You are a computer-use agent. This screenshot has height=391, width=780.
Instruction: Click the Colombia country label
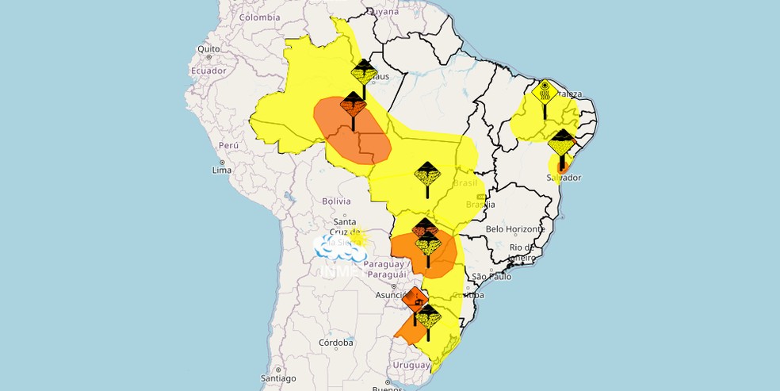point(259,17)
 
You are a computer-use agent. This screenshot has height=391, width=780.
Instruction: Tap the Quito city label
point(208,48)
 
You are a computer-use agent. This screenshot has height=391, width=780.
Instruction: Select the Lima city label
point(222,171)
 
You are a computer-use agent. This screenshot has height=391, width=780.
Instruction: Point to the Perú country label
point(228,145)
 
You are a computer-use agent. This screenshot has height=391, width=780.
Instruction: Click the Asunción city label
point(379,294)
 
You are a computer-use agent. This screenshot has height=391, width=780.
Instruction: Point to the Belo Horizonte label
point(516,228)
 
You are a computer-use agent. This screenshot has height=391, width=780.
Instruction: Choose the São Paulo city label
point(489,276)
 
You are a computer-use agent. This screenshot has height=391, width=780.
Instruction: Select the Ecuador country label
point(208,71)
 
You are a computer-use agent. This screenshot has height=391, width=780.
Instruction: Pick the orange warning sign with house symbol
point(415,300)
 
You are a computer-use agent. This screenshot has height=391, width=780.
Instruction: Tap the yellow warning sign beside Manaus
point(364,73)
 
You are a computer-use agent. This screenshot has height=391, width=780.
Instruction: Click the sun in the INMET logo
point(358,238)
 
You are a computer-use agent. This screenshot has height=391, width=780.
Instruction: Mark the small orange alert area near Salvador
point(563,166)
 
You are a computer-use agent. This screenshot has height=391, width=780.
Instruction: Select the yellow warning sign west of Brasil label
point(427,174)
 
